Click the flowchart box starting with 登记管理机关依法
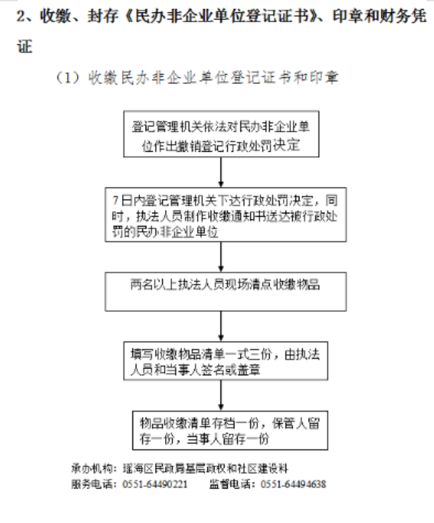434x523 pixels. coord(221,134)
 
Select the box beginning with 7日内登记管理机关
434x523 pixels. coord(225,215)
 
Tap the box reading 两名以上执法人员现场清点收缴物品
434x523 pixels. coord(225,292)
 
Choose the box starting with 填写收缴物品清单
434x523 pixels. coord(225,361)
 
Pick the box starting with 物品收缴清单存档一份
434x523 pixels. coord(230,430)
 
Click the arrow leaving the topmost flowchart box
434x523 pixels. coord(220,172)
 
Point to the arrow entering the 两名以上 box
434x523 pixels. coord(220,257)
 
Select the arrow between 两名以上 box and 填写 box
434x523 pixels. coord(220,326)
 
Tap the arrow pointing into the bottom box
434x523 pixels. coord(220,396)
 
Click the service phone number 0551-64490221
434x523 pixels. coord(155,484)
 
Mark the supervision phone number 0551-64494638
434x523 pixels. coord(293,484)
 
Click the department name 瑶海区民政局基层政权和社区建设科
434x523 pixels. coord(205,469)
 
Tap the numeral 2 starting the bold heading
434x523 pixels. coord(21,16)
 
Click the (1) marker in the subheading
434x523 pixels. coord(68,78)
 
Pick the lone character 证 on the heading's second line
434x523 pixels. coord(24,46)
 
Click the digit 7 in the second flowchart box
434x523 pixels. coord(116,200)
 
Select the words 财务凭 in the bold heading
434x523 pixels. coord(403,16)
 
